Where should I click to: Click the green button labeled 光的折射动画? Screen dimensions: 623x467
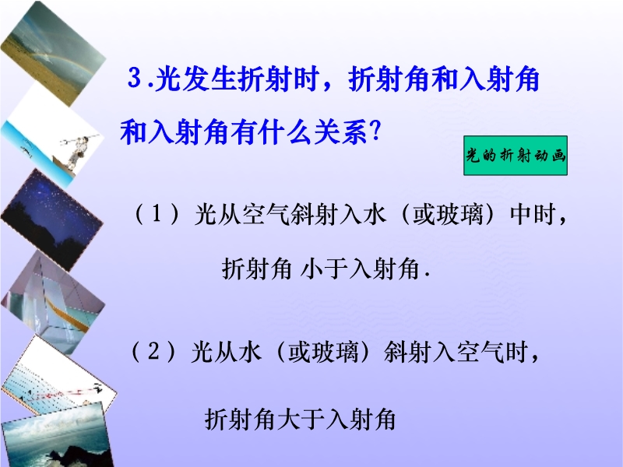tap(516, 155)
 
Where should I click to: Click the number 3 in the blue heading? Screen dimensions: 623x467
tap(135, 77)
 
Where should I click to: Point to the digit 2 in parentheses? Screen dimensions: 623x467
tap(153, 351)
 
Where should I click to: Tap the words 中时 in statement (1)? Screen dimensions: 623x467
tap(533, 215)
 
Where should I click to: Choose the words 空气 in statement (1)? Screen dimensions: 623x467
tap(266, 215)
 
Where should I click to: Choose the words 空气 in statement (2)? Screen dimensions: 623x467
tap(480, 352)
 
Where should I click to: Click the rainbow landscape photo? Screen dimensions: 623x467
tap(53, 53)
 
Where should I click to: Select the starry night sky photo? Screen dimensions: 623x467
tap(52, 219)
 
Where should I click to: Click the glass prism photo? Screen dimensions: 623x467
tap(53, 301)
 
